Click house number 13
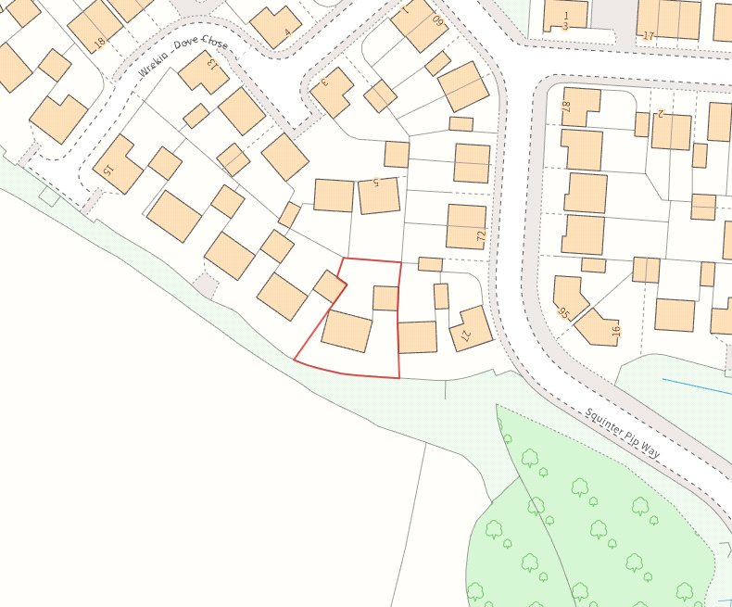click(x=212, y=63)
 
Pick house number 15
click(x=107, y=171)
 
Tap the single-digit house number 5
click(x=376, y=183)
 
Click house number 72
click(x=481, y=237)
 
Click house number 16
click(x=614, y=330)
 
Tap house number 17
click(x=648, y=36)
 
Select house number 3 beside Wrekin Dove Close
click(x=324, y=82)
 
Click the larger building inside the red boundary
click(x=347, y=331)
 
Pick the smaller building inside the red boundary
click(x=385, y=297)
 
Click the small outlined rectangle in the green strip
click(x=49, y=196)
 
